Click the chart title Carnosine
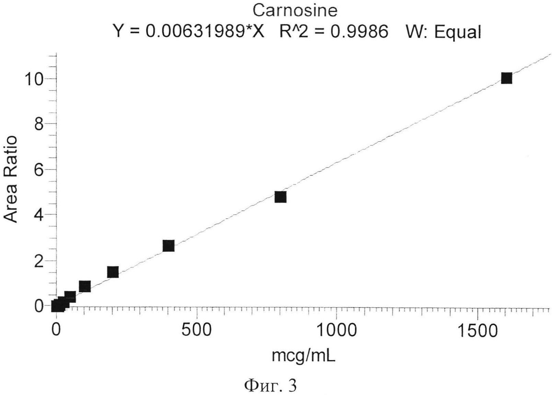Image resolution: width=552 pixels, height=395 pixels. click(295, 11)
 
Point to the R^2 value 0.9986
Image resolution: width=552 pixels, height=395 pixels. click(359, 32)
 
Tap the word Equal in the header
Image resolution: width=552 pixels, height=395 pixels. click(458, 32)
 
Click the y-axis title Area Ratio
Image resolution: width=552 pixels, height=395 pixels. click(11, 179)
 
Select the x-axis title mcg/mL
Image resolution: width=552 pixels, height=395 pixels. click(303, 356)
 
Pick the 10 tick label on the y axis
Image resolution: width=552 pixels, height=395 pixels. click(34, 79)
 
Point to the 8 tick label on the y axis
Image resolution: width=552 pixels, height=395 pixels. click(39, 124)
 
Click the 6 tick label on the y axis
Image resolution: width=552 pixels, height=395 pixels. click(39, 170)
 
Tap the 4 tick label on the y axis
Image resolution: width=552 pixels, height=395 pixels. click(39, 215)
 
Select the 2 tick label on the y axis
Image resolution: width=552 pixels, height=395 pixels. click(39, 260)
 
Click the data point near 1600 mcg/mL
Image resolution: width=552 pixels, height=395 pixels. click(506, 78)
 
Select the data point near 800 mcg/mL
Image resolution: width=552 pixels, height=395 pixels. click(280, 197)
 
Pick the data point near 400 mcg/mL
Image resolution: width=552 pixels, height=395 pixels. click(168, 246)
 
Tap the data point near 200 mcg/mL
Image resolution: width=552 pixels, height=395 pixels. click(113, 272)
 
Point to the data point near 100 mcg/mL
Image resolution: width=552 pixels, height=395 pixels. click(84, 286)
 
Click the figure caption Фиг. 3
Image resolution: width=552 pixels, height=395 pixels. click(271, 386)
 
